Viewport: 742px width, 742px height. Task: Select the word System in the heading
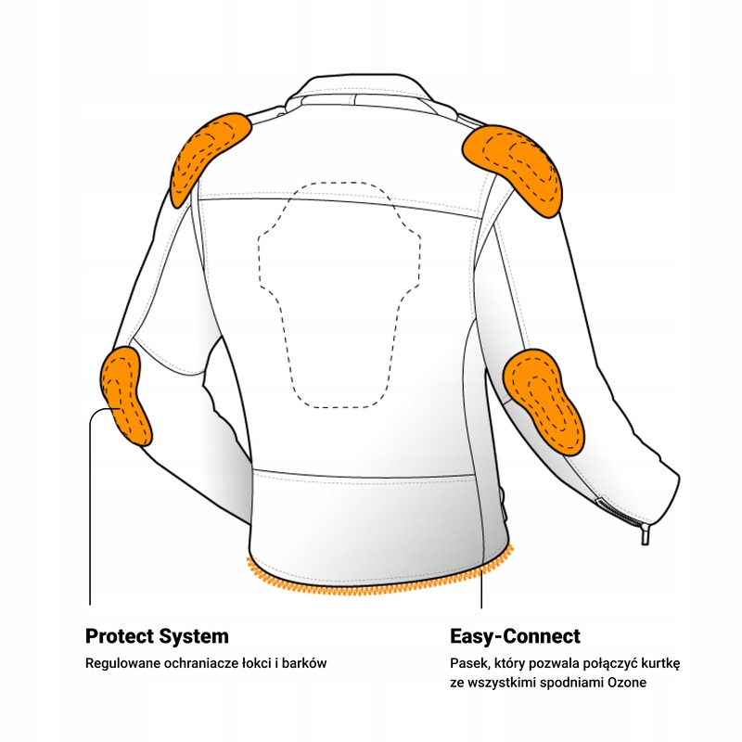click(194, 637)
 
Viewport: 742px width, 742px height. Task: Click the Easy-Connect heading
click(515, 637)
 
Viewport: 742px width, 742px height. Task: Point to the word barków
click(303, 664)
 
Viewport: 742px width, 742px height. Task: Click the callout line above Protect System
click(90, 519)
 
